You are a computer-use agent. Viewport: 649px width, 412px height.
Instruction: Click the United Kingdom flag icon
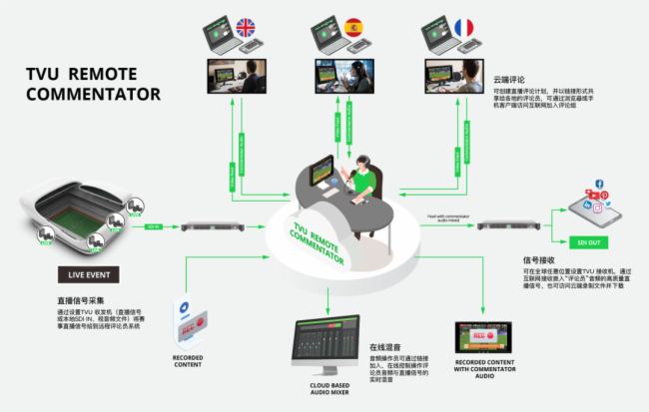[245, 27]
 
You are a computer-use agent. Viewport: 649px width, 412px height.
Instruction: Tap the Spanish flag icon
[353, 27]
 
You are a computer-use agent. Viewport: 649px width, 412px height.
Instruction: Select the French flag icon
[463, 27]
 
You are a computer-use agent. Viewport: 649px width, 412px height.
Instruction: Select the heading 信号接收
[528, 258]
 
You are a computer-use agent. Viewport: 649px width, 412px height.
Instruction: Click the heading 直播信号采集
[84, 299]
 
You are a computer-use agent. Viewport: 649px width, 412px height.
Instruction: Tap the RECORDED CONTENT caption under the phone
[187, 360]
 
